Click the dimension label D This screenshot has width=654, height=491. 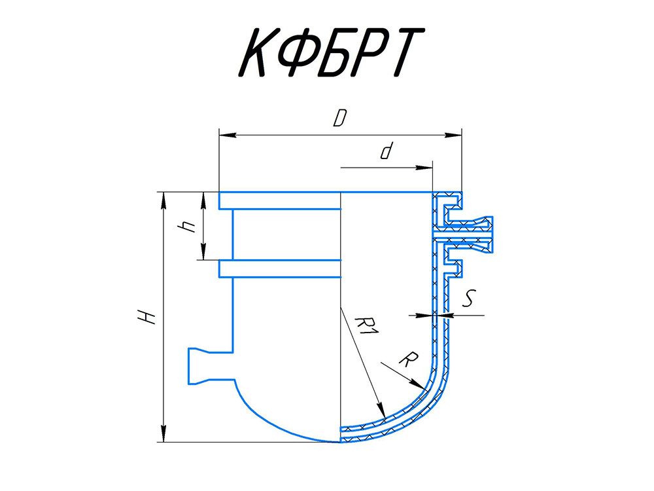click(x=340, y=118)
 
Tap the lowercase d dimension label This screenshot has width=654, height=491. click(x=387, y=151)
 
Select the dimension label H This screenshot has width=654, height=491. click(x=146, y=317)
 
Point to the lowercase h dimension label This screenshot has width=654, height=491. click(x=186, y=227)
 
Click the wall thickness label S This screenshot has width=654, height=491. click(x=469, y=298)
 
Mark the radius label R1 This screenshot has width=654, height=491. click(x=367, y=325)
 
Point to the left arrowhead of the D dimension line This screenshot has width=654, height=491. click(x=228, y=135)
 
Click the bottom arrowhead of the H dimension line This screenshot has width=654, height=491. click(x=163, y=433)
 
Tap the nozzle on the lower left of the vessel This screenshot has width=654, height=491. click(x=211, y=366)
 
